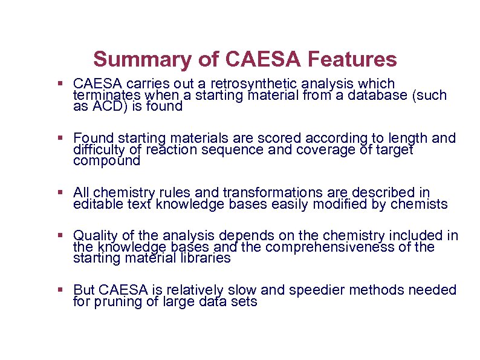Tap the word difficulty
[x=98, y=150]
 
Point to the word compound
[x=106, y=162]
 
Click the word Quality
[x=94, y=236]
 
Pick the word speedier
[x=316, y=290]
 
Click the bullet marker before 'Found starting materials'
[x=60, y=139]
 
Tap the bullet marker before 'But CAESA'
[x=60, y=290]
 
